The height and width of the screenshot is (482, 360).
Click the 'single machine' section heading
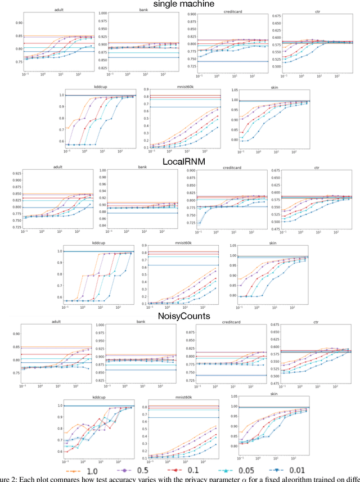[179, 4]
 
